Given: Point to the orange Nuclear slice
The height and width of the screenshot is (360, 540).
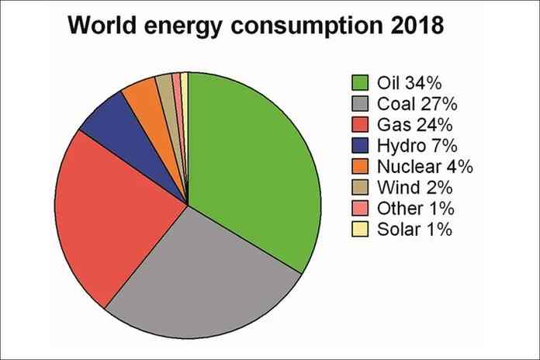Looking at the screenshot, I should [x=142, y=95].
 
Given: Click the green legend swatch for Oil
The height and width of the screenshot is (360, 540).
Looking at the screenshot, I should [x=361, y=82].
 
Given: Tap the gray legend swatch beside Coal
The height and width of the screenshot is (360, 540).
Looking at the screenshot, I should [x=361, y=103].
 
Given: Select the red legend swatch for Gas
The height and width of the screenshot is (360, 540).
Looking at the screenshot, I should [x=361, y=124].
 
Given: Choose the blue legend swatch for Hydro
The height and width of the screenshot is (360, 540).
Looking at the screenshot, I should [x=361, y=145].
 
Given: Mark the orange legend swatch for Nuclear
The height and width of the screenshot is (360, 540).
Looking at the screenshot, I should [x=361, y=166].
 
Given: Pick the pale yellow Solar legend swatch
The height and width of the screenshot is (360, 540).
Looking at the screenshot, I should [x=361, y=229].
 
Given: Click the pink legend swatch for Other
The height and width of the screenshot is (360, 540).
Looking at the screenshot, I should [x=361, y=208].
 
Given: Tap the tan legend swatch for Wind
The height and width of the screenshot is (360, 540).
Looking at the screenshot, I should [x=361, y=187].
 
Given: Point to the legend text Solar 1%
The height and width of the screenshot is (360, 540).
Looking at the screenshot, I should [x=414, y=229].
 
